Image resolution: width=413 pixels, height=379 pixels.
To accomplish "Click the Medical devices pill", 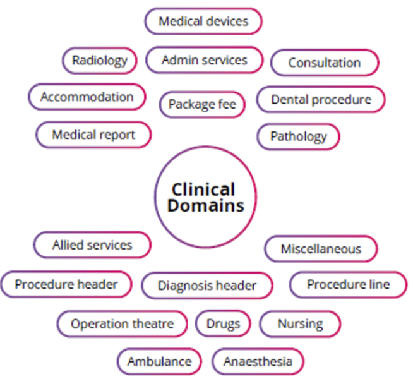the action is (x=203, y=21).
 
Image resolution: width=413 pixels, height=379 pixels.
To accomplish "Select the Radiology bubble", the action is (x=100, y=61).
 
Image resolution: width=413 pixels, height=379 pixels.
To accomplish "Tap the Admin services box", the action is (x=205, y=60).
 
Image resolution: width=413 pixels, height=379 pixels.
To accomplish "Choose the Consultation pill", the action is (x=325, y=63).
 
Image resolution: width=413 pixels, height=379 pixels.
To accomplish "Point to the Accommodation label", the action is (x=87, y=97).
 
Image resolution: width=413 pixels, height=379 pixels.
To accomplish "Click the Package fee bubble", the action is (x=202, y=105).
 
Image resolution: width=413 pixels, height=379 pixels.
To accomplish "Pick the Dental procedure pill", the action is (x=321, y=100).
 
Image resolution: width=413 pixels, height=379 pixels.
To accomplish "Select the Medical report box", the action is (x=93, y=135).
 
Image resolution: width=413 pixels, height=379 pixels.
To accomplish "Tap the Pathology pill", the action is (x=299, y=136).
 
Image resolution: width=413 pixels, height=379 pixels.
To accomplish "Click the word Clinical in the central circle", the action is (x=203, y=189).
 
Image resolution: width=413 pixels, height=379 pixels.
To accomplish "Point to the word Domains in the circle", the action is (x=206, y=205).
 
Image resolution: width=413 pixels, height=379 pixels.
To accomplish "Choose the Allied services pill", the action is (x=92, y=245).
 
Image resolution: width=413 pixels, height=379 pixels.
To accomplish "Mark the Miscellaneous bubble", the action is (x=321, y=249).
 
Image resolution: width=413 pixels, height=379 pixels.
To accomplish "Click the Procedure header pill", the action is (x=66, y=284).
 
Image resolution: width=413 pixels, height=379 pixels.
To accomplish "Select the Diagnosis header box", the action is (x=207, y=286).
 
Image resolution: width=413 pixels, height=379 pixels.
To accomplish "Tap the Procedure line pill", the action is (x=348, y=284).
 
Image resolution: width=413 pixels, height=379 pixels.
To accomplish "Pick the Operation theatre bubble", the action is (x=123, y=324).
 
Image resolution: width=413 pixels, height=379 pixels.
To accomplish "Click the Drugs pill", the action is (x=223, y=324).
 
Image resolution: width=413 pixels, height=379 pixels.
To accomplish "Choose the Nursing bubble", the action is (x=300, y=324).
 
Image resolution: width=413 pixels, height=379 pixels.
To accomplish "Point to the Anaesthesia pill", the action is (x=258, y=361).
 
